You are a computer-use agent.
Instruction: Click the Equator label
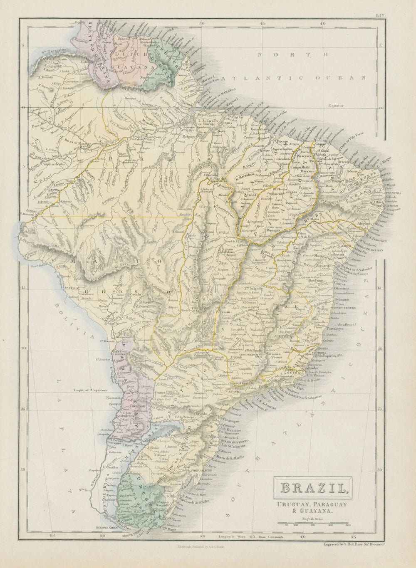(x=336, y=106)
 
